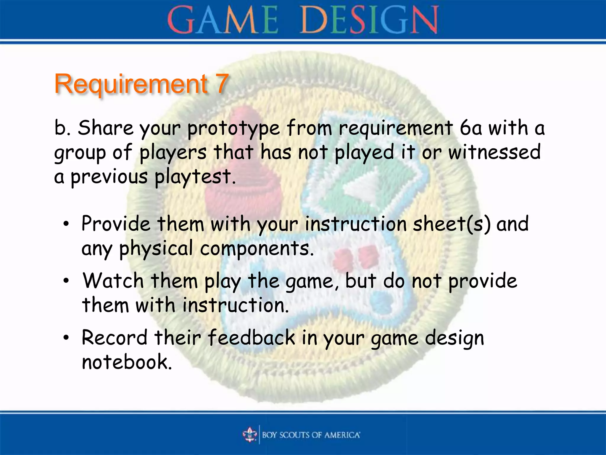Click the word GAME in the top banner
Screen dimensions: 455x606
point(223,20)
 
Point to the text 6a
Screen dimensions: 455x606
point(471,128)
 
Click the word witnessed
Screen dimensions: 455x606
point(494,152)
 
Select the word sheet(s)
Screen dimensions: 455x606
point(452,224)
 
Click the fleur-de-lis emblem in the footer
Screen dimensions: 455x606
point(250,435)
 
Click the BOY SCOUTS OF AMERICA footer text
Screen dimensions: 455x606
point(311,435)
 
